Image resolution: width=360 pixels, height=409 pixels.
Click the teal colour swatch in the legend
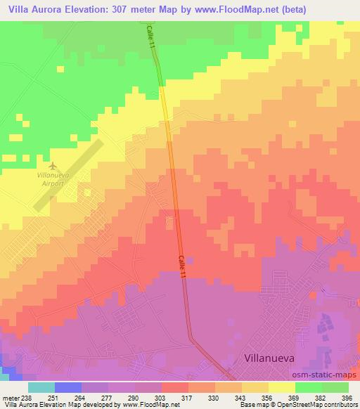pos(41,387)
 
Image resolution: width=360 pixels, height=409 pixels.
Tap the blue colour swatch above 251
pos(67,387)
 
